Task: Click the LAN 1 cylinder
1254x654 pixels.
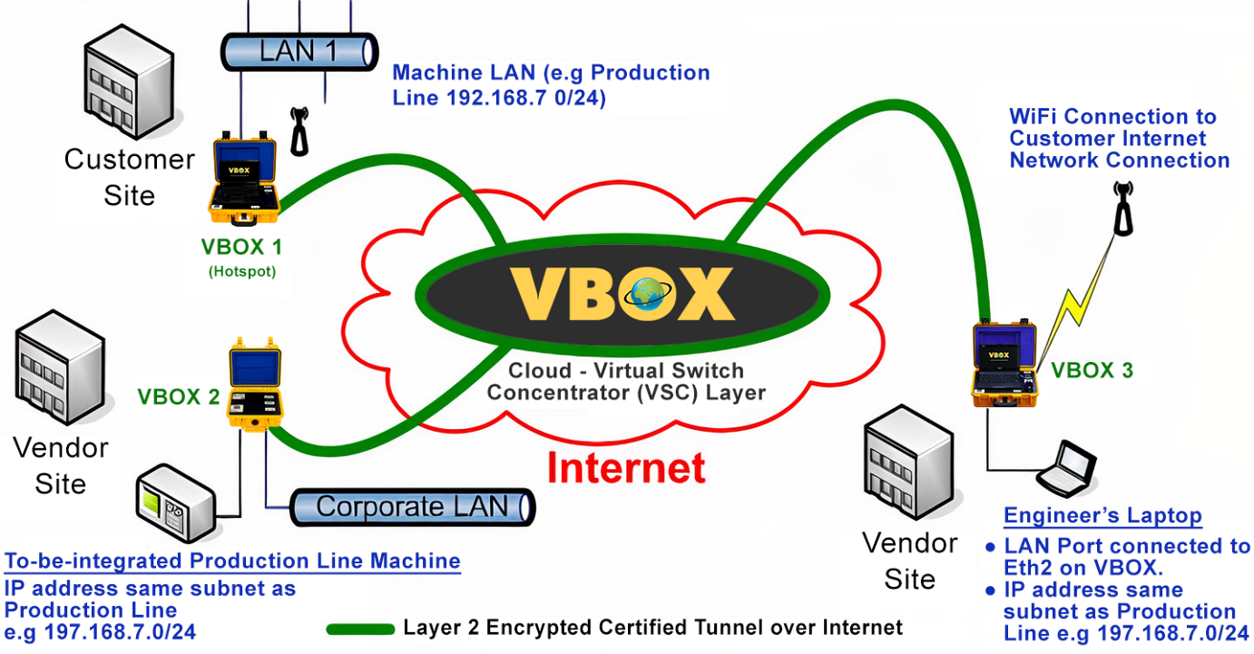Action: pos(299,51)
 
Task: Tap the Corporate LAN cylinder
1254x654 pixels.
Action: pos(413,507)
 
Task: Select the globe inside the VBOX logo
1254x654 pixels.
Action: pos(647,295)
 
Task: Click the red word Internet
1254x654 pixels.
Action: pos(626,467)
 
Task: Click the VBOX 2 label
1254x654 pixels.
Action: pos(178,396)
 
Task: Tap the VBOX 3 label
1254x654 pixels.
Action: pos(1092,370)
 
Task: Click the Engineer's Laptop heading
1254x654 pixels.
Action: pos(1102,516)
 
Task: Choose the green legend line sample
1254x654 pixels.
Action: pos(360,629)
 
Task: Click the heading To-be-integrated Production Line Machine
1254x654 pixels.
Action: pos(232,561)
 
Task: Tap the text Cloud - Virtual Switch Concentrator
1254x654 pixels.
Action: pos(625,381)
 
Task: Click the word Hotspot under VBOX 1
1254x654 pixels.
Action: pos(241,271)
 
